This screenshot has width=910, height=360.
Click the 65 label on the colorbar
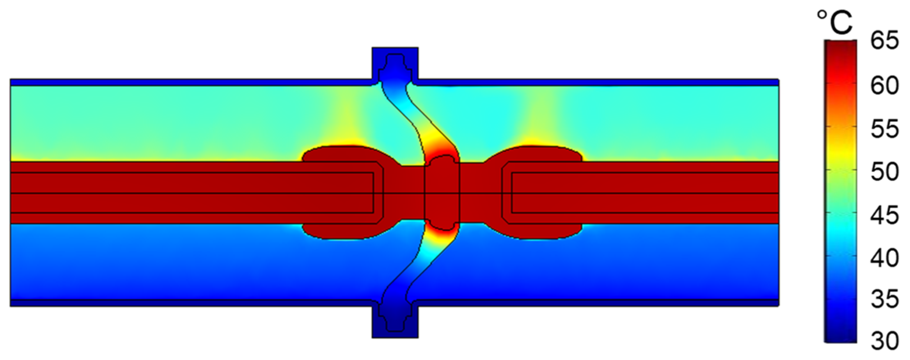pos(885,41)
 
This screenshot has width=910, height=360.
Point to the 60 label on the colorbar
pos(885,86)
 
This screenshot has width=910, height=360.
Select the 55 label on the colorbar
pos(885,129)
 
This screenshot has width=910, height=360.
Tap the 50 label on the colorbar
pos(885,172)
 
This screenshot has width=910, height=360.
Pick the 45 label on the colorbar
pos(885,216)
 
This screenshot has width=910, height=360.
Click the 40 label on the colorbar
pos(885,258)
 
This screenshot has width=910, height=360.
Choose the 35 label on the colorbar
pos(885,300)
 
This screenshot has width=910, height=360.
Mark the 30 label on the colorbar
pos(885,341)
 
